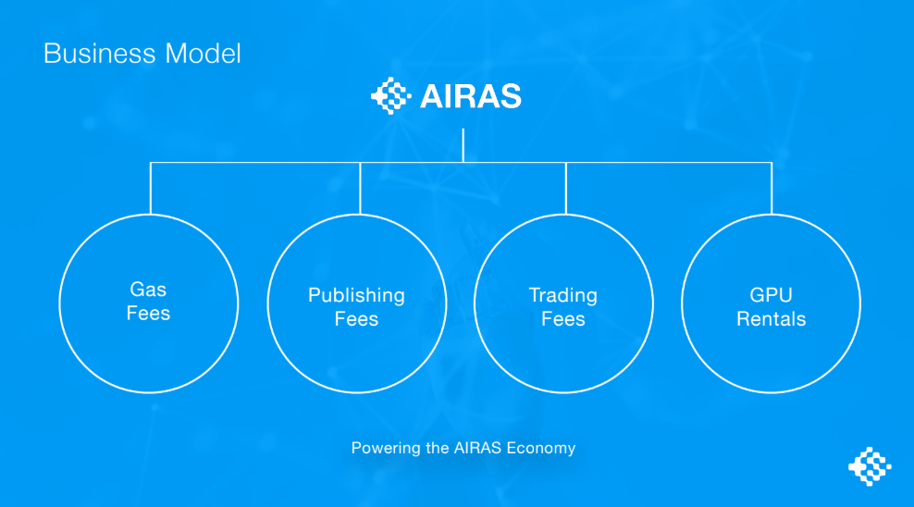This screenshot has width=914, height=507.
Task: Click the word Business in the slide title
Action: pos(100,54)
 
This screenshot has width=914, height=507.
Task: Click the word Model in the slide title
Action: pos(203,54)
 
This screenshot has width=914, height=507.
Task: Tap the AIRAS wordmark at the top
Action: pos(470,96)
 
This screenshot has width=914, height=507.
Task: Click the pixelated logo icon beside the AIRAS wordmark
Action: pos(391,95)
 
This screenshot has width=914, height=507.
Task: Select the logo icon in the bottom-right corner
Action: pos(870,466)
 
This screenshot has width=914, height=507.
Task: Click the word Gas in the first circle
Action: pos(148,289)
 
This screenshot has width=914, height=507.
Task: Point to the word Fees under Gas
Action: pos(148,314)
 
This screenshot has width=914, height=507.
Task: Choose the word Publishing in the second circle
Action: pos(356,295)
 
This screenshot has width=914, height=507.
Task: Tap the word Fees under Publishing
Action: pos(356,319)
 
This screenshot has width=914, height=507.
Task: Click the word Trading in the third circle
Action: pos(563,295)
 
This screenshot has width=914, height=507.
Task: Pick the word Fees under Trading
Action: pos(563,319)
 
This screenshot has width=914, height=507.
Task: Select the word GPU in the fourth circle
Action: pos(771,295)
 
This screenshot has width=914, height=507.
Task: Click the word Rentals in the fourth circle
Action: pos(771,319)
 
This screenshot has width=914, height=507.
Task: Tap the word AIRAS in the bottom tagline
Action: pos(477,448)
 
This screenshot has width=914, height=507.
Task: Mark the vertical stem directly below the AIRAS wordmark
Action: pos(463,145)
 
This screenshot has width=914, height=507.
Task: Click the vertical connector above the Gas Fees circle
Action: pos(151,188)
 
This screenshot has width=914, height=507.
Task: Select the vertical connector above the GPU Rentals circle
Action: pos(772,188)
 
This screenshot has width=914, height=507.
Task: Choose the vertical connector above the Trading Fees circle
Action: pos(565,188)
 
